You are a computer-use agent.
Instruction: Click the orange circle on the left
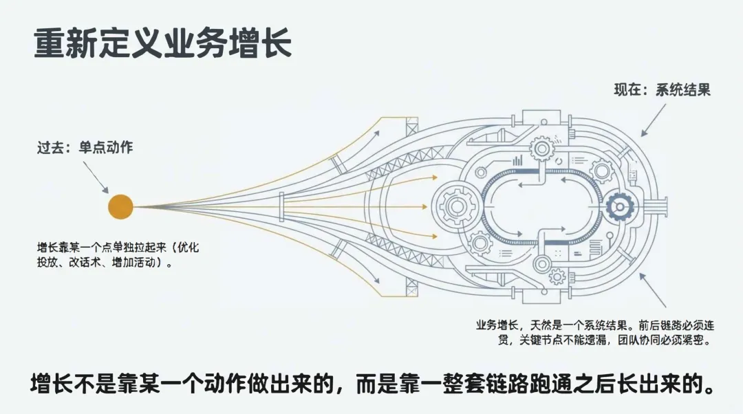click(x=120, y=206)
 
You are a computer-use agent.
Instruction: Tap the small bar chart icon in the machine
click(x=515, y=161)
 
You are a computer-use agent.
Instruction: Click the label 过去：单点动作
click(x=85, y=146)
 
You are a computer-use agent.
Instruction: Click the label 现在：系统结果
click(x=662, y=89)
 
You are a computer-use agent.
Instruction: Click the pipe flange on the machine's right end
click(x=663, y=205)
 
